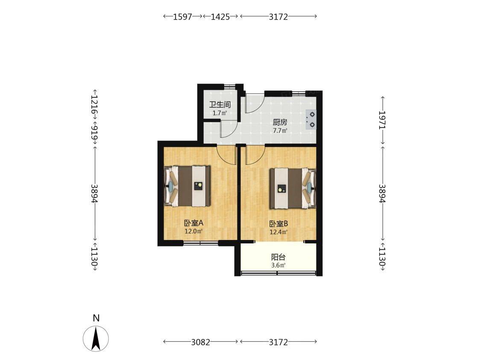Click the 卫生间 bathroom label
click(x=220, y=105)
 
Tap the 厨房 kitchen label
click(x=280, y=123)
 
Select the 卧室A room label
click(x=194, y=223)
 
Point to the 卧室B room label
click(x=278, y=224)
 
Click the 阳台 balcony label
click(x=278, y=257)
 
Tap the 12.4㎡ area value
click(x=278, y=232)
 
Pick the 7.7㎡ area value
click(x=280, y=131)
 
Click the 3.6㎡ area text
click(x=278, y=265)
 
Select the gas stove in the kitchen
click(x=311, y=120)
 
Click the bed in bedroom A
click(x=187, y=186)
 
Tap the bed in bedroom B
click(x=293, y=188)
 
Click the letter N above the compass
click(x=96, y=319)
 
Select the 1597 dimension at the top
click(x=182, y=17)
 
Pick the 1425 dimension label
click(x=220, y=17)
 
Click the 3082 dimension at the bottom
click(x=201, y=342)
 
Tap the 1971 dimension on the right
click(x=383, y=120)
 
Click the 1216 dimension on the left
click(x=95, y=105)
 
